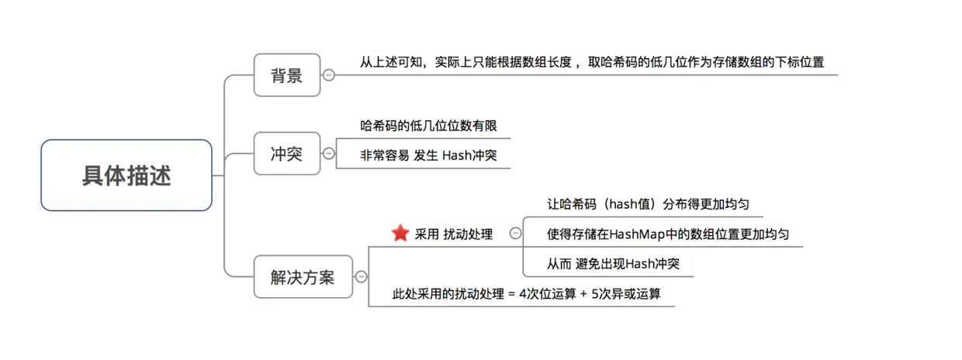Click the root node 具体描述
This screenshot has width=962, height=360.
click(126, 175)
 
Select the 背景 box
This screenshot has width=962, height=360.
click(286, 75)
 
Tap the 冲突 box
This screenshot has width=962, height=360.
click(286, 154)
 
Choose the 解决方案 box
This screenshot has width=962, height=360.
click(303, 276)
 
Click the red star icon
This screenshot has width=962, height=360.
click(400, 233)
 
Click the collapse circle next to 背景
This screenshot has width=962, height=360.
click(329, 75)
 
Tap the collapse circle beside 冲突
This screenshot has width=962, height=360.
click(329, 154)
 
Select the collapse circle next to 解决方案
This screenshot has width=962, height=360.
click(362, 276)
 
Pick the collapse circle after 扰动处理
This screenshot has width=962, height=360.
click(515, 233)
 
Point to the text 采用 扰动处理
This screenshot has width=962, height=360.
click(454, 234)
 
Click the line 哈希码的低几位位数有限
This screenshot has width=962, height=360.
click(428, 125)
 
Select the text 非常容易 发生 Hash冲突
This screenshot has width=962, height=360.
click(428, 155)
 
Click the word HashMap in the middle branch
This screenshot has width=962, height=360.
click(635, 234)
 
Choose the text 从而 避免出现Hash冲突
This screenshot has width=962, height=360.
click(613, 264)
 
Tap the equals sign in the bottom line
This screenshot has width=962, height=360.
click(511, 294)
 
